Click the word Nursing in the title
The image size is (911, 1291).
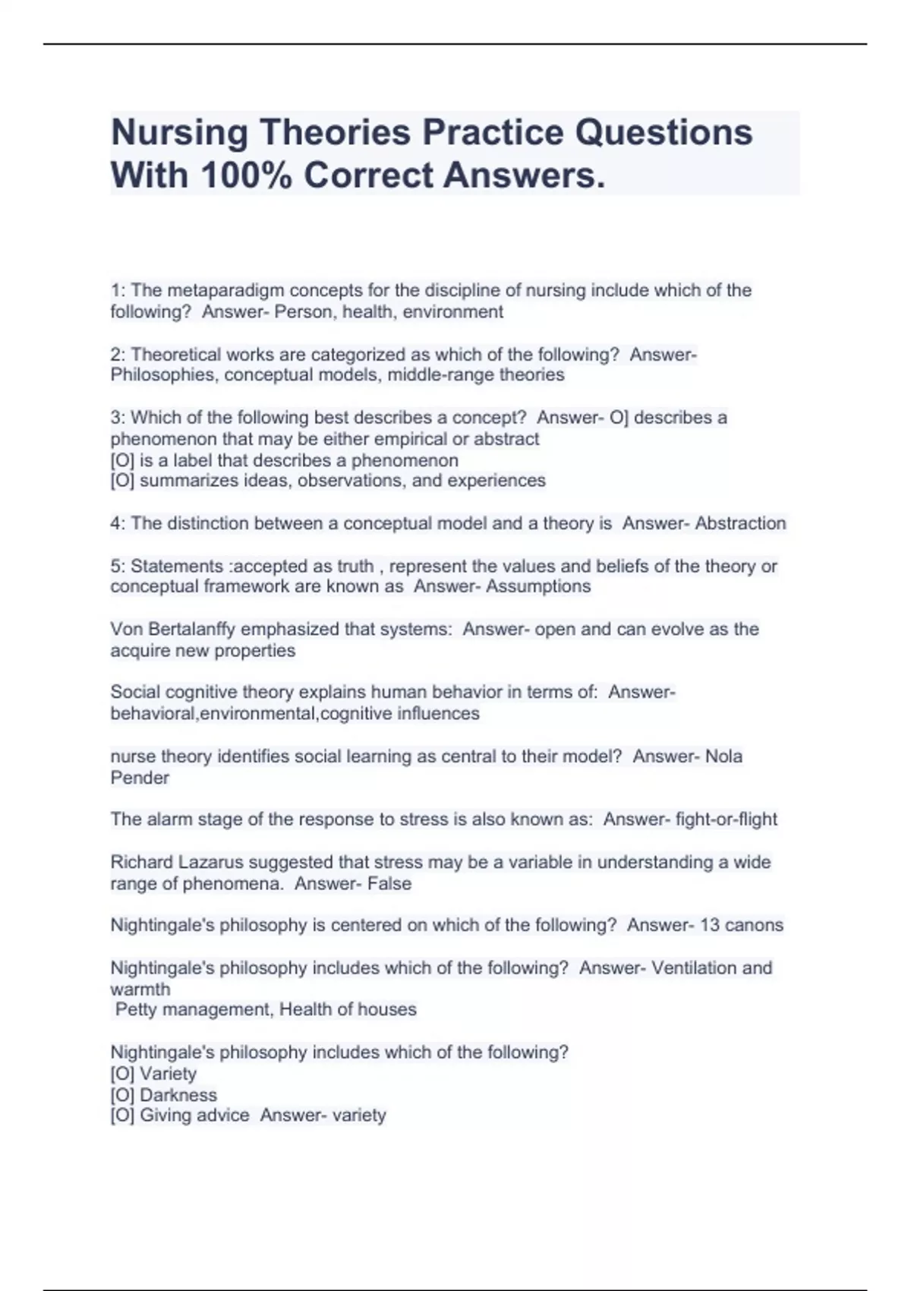pos(179,133)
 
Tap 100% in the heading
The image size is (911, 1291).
pos(244,175)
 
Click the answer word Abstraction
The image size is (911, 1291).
pos(740,523)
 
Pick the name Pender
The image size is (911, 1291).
pos(140,778)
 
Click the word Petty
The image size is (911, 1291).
pos(135,1010)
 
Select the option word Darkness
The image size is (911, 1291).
pos(178,1095)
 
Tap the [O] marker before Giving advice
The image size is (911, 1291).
pos(122,1116)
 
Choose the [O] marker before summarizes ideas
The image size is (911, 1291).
pos(122,481)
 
